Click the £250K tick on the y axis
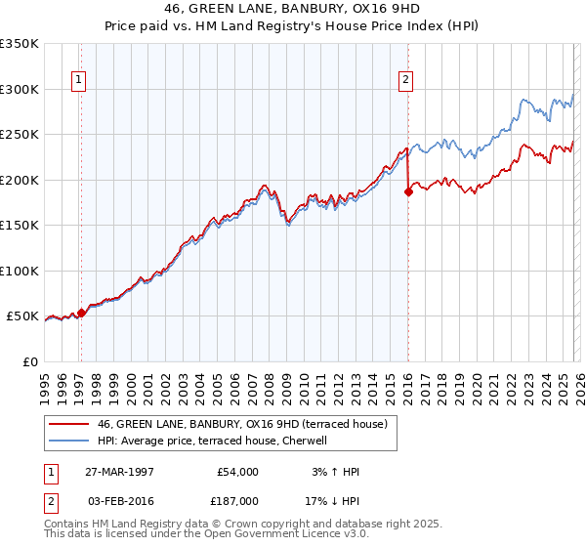pos(20,135)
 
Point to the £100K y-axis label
pos(20,271)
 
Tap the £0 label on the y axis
pos(31,361)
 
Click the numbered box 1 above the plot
pos(78,81)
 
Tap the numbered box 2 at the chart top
pos(405,81)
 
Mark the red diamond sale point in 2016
pos(408,192)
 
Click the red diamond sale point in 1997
pos(82,313)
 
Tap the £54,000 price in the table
pos(237,472)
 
